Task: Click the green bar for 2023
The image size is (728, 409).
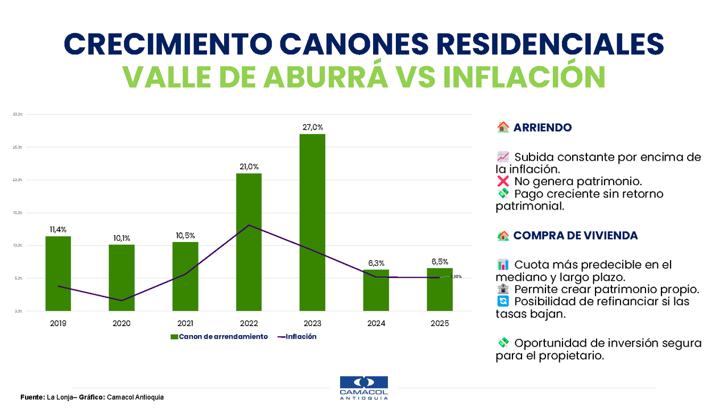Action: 313,222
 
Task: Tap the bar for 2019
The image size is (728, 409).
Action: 58,273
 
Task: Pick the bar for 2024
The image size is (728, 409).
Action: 376,290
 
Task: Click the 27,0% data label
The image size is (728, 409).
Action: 313,127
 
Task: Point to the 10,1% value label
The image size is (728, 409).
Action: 122,238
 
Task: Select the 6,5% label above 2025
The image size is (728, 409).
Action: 440,262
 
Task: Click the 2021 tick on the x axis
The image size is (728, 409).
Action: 185,323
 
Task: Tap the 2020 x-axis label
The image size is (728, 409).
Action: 122,323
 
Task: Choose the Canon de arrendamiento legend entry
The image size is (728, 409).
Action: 219,337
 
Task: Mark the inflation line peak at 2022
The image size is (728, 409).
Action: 249,226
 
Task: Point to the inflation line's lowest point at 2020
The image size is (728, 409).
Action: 122,301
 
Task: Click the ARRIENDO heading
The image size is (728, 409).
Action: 542,128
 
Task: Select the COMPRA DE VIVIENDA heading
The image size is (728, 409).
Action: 575,236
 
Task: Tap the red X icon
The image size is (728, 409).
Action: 503,182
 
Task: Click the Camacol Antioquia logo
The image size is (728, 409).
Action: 363,388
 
